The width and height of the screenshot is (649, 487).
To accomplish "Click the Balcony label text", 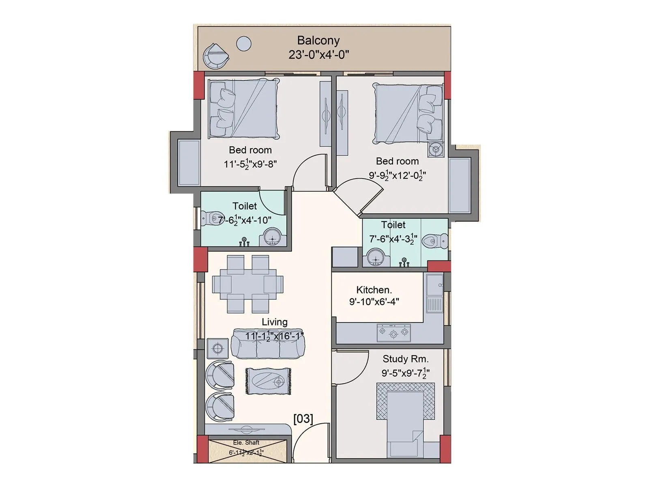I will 318,41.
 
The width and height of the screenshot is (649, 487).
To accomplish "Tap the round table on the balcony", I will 244,43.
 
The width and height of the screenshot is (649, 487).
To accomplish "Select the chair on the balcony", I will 215,56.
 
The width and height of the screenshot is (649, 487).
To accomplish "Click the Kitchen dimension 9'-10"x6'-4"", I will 374,302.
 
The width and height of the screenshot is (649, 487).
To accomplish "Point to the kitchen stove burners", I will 393,333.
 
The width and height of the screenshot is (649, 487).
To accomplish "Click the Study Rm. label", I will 405,359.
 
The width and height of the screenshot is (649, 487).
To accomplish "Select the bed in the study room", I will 405,422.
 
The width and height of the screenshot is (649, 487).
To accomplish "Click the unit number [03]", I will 303,418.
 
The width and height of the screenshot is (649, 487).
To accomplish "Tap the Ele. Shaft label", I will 246,443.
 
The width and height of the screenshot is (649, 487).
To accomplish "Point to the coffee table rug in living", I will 268,381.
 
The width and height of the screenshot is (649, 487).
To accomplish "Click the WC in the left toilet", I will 213,218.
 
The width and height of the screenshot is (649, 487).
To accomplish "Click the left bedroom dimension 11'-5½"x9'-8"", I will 250,164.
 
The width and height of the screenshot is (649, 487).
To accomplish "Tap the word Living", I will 274,322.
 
